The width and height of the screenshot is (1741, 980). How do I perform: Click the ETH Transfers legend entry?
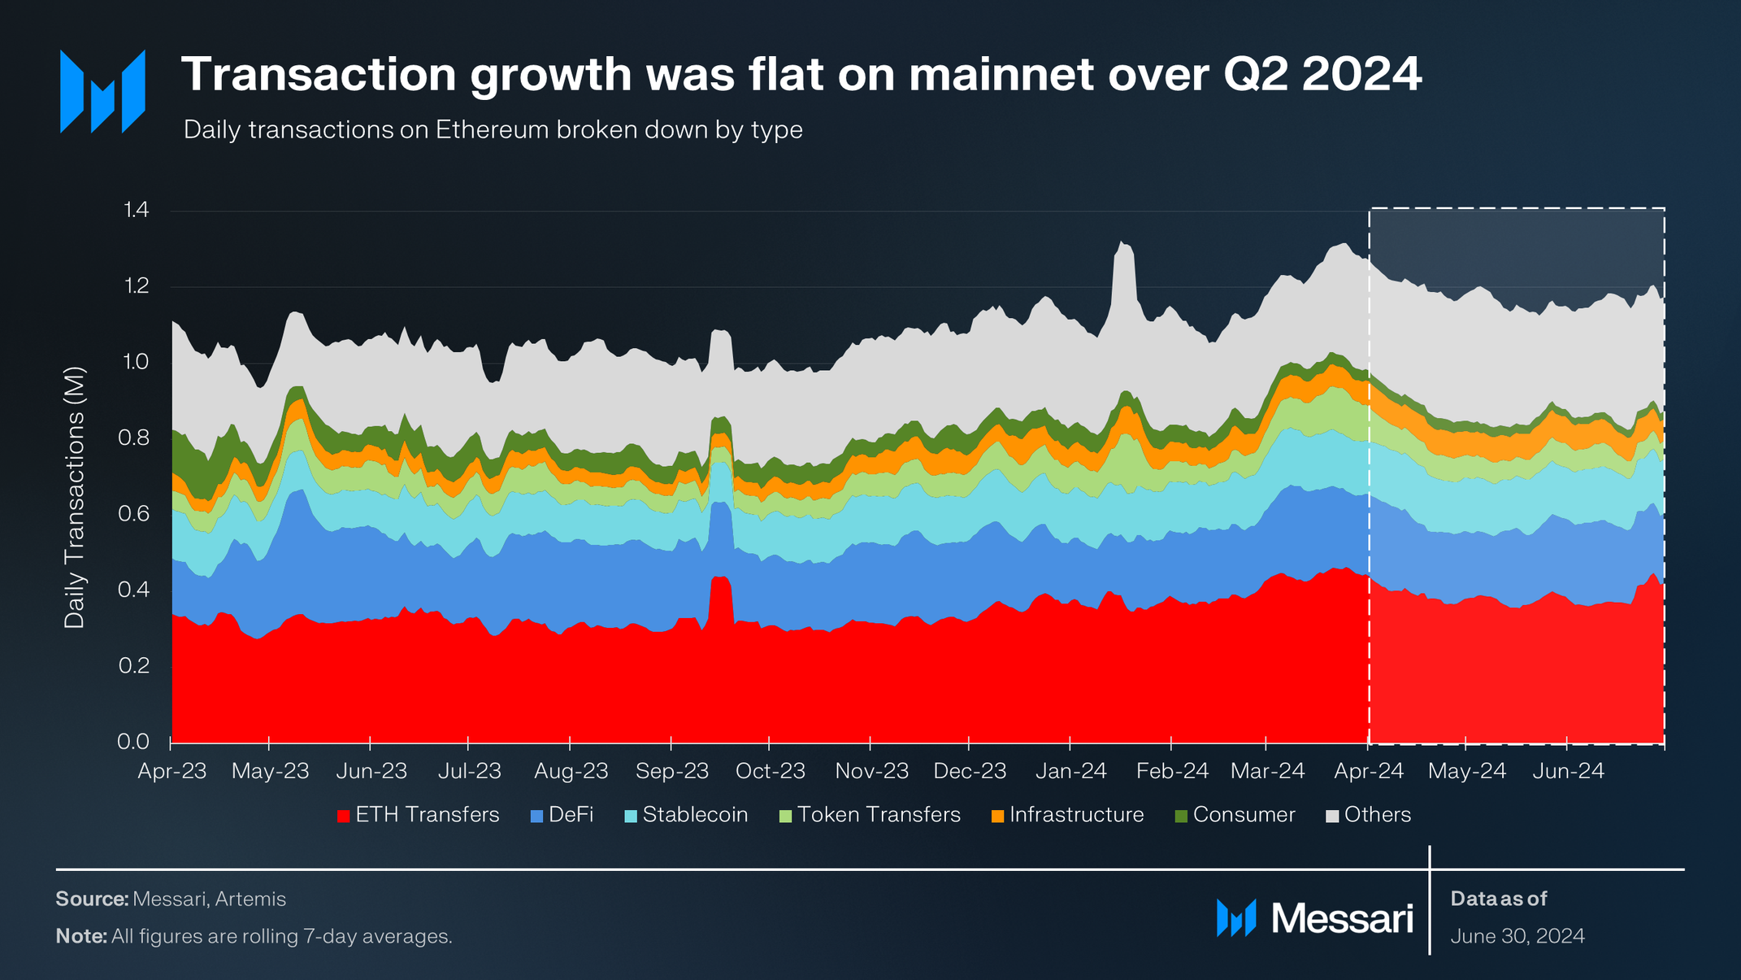point(419,815)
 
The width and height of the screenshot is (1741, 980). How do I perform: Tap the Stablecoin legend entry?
point(687,815)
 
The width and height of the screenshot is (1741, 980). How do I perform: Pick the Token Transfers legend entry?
point(870,815)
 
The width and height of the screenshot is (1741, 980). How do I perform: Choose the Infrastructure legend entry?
point(1068,815)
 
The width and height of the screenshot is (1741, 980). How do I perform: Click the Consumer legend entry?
point(1235,815)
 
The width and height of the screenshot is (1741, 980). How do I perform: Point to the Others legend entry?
point(1369,815)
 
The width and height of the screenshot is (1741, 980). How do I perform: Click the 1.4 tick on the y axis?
point(136,211)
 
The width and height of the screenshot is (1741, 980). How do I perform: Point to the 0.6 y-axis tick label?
point(134,514)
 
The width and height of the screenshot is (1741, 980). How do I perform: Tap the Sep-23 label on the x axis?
point(672,771)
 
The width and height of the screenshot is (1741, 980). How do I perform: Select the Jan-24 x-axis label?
point(1070,771)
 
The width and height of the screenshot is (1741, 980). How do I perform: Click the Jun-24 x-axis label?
point(1568,771)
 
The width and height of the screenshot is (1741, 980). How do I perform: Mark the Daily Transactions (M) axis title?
point(74,498)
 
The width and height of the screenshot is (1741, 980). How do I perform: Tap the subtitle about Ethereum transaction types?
point(493,130)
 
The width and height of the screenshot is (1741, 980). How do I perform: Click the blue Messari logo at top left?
point(102,92)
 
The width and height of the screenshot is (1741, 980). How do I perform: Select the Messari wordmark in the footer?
point(1341,919)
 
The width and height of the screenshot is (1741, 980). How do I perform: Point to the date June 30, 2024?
point(1517,936)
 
